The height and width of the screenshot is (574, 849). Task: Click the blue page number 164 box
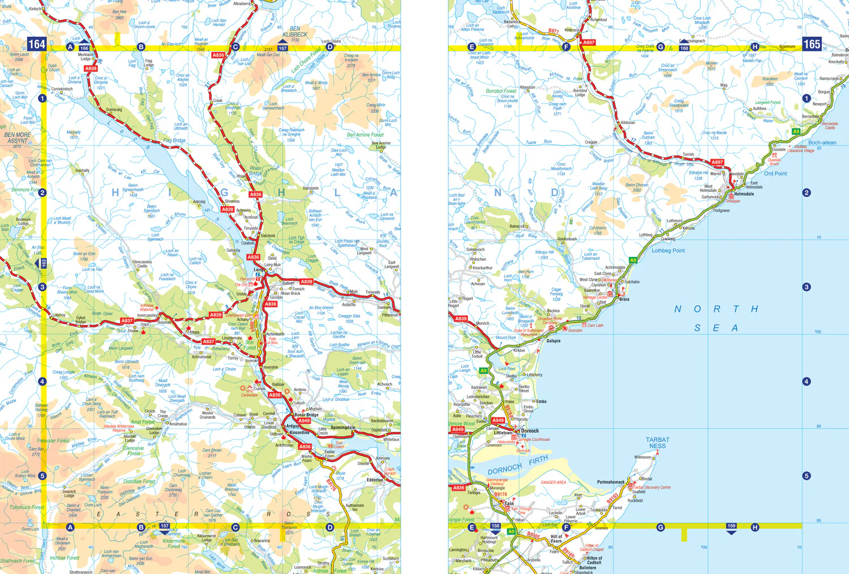37,44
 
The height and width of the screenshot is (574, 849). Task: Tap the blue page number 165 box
812,44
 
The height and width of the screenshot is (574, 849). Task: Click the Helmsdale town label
744,194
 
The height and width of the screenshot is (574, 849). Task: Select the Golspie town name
553,341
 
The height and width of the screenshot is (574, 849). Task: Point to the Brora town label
624,299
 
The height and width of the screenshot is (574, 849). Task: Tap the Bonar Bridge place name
306,415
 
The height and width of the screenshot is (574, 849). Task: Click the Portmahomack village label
611,482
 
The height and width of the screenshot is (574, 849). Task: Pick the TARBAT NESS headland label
657,443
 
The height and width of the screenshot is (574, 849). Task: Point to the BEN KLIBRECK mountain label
295,32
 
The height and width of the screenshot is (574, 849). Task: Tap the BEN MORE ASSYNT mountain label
18,138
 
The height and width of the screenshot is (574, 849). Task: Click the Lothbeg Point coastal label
668,250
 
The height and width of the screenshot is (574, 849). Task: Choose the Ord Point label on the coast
775,174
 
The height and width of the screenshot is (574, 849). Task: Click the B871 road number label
553,31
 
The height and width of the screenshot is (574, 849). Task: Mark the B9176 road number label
332,485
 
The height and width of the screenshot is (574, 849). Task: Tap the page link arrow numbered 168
684,48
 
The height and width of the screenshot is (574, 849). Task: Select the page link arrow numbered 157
164,526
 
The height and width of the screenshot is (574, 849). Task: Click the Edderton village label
375,479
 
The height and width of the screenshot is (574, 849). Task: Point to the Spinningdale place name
343,427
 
